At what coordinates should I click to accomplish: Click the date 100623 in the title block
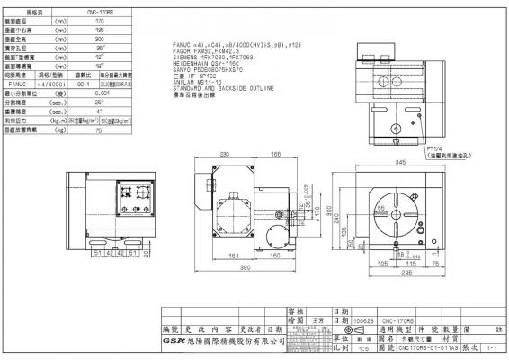tap(363, 318)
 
